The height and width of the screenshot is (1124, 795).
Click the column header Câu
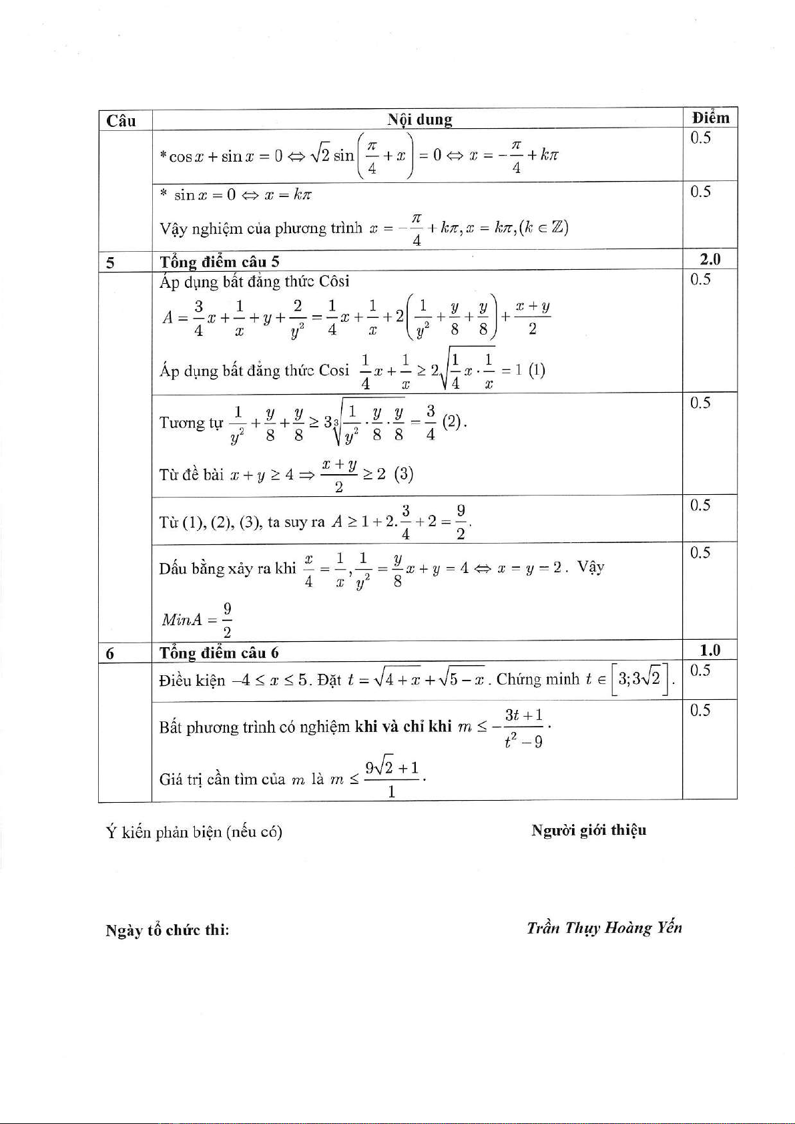tap(121, 121)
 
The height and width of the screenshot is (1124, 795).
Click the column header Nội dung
tap(420, 120)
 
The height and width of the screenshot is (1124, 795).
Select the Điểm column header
tap(710, 118)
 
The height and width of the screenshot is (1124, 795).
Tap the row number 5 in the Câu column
tap(110, 262)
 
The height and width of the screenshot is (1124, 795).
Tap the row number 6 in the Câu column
tap(110, 653)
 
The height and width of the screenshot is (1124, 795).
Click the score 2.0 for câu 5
tap(710, 259)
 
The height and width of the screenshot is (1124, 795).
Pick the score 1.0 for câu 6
tap(710, 650)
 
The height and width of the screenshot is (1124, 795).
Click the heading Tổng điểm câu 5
tap(219, 262)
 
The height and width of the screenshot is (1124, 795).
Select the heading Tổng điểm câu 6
tap(219, 652)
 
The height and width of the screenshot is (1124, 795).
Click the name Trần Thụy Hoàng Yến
tap(604, 928)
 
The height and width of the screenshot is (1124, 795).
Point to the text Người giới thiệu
tap(589, 830)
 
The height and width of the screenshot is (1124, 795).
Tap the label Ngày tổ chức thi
tap(168, 930)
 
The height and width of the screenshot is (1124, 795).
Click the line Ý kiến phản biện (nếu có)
tap(194, 832)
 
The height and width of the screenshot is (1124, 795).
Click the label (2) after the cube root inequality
tap(453, 422)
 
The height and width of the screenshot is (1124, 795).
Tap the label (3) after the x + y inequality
tap(404, 474)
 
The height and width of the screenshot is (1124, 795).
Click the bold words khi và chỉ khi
tap(403, 726)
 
